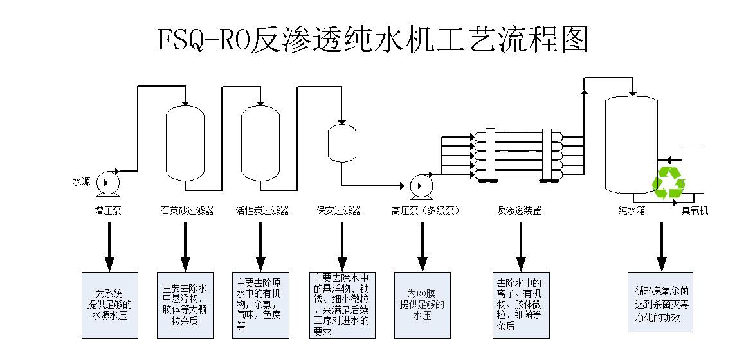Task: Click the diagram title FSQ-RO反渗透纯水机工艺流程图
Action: click(373, 39)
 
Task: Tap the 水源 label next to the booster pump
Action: click(81, 182)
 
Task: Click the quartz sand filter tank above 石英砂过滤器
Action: click(185, 143)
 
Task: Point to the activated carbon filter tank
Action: click(260, 143)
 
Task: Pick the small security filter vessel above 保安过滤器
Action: click(341, 143)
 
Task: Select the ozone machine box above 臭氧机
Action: click(693, 170)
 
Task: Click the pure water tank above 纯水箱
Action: click(632, 144)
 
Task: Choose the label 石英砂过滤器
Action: click(187, 211)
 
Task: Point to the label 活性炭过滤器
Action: click(262, 211)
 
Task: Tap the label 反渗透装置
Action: click(520, 211)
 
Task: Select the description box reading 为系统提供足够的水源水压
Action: click(110, 305)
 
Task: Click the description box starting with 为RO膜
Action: click(422, 305)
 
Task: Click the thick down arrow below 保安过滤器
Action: click(342, 246)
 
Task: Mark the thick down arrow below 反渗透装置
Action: click(521, 246)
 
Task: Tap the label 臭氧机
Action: click(695, 211)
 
